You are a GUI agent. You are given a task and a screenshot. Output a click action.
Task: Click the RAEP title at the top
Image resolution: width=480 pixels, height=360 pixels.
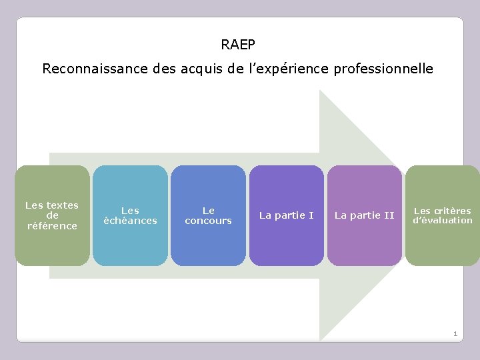238,45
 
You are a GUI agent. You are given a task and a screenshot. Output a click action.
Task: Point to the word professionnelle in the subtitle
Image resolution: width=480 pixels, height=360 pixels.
385,69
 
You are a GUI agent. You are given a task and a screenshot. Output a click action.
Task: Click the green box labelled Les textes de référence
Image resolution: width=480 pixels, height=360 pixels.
52,215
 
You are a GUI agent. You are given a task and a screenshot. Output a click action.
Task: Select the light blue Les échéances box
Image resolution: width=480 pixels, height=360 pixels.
130,215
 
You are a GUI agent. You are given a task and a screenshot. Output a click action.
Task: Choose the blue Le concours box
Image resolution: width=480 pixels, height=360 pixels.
208,215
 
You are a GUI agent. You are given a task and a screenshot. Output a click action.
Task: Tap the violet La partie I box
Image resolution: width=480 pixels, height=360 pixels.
286,215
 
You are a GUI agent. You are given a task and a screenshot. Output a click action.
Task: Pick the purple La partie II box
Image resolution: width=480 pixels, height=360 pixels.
364,215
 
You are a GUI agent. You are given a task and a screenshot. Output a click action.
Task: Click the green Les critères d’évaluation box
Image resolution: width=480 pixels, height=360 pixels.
442,215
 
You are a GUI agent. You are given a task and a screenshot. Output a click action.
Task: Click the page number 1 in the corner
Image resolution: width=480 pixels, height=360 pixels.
455,333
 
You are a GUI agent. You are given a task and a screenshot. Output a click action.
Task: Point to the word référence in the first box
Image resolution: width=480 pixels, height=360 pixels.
52,226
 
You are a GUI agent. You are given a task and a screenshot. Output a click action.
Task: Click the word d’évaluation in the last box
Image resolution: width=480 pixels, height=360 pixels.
442,221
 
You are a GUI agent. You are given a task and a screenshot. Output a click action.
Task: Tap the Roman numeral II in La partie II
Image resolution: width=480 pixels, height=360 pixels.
389,215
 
